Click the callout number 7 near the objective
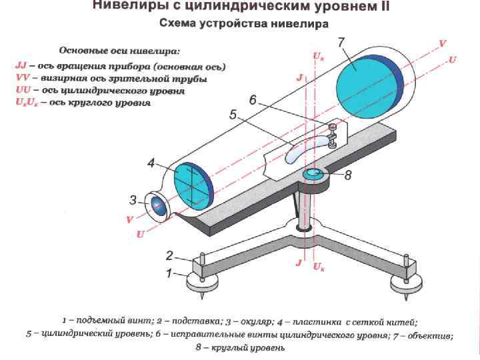pyautogui.click(x=341, y=42)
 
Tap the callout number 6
pyautogui.click(x=253, y=100)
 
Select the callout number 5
pyautogui.click(x=233, y=115)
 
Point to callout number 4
pyautogui.click(x=151, y=162)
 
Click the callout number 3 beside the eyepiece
pyautogui.click(x=133, y=199)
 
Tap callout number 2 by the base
pyautogui.click(x=169, y=255)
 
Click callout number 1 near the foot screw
pyautogui.click(x=169, y=272)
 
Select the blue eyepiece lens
pyautogui.click(x=158, y=207)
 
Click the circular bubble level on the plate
pyautogui.click(x=313, y=175)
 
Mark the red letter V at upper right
pyautogui.click(x=443, y=43)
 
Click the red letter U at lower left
pyautogui.click(x=140, y=235)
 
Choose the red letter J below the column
pyautogui.click(x=299, y=264)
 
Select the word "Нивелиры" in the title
pyautogui.click(x=124, y=7)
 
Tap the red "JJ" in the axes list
pyautogui.click(x=21, y=67)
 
